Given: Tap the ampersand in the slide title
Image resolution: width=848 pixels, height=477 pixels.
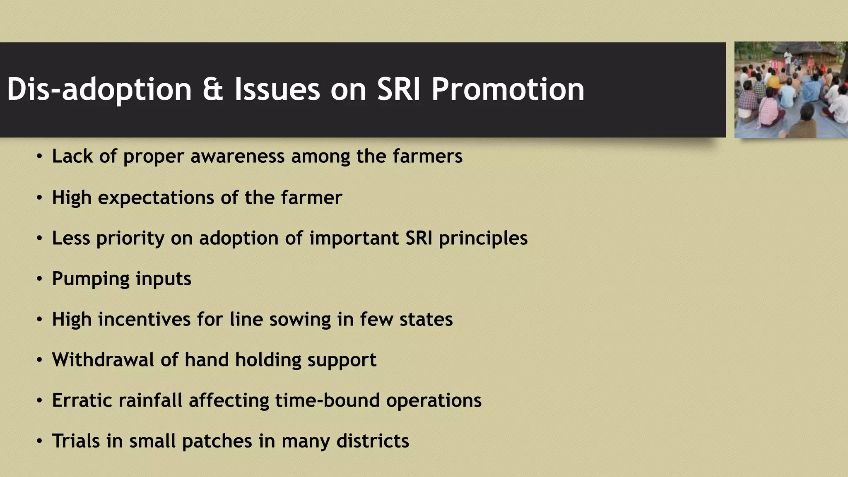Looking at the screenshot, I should click(x=213, y=89).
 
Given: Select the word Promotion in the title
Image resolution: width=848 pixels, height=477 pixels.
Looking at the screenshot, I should click(x=507, y=89).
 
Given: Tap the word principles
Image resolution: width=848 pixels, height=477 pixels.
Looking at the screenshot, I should click(x=483, y=238).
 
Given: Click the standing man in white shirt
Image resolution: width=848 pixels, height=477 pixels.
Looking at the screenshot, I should click(x=788, y=58).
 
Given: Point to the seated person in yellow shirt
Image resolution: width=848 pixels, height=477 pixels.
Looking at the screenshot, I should click(x=773, y=81).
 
